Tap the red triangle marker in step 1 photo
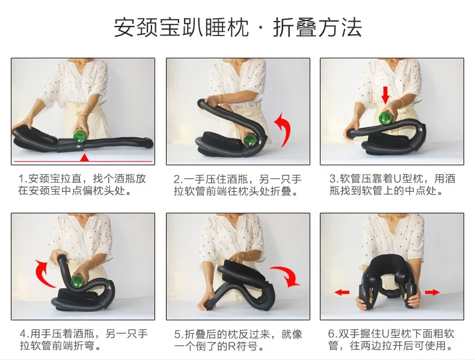pos(85,157)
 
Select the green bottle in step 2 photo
pos(251,140)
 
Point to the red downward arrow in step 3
pos(385,95)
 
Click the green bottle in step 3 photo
pos(385,118)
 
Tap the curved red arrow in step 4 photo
pos(44,273)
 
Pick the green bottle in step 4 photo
pos(77,281)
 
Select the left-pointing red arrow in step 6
pos(342,292)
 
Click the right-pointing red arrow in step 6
pos(432,292)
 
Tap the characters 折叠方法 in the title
pos(317,28)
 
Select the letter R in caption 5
pos(231,346)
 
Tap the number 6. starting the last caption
pos(332,334)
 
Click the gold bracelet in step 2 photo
pos(221,99)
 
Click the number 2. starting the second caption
pos(179,179)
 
